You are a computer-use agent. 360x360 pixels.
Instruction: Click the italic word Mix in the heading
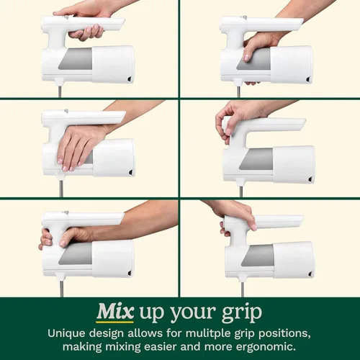pos(115,312)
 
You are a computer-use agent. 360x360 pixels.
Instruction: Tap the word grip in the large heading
pos(242,313)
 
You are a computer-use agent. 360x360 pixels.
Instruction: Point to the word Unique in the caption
pos(66,334)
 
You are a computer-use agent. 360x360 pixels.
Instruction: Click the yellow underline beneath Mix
pos(115,322)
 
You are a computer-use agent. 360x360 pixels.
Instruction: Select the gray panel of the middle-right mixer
pos(256,158)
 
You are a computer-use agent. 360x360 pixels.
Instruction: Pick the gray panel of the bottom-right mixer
pos(257,256)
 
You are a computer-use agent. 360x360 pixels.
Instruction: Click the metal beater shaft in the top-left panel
pos(60,91)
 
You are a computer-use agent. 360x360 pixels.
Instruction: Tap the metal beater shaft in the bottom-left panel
pos(61,289)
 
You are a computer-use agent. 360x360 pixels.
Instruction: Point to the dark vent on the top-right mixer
pos(308,79)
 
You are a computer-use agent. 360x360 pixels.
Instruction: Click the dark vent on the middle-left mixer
pos(131,172)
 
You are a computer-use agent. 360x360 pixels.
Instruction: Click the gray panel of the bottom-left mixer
pos(76,254)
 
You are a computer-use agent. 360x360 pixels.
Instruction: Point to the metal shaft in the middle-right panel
pos(241,192)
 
